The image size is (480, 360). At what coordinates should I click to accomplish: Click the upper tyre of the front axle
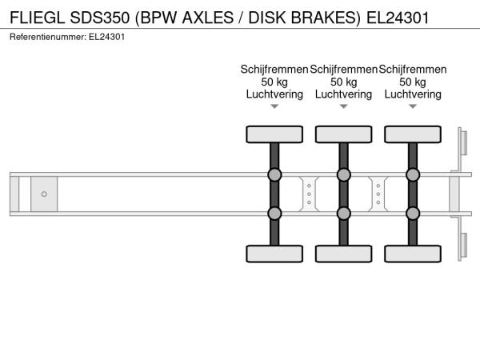point(274,133)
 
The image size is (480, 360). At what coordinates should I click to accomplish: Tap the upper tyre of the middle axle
point(343,133)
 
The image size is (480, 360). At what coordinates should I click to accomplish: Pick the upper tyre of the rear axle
point(413,133)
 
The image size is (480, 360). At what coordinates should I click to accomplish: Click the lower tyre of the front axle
point(274,254)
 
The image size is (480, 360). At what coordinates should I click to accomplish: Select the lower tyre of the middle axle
point(343,254)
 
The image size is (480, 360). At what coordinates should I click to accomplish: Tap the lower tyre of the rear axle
point(413,254)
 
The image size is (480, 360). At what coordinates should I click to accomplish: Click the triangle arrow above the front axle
point(274,106)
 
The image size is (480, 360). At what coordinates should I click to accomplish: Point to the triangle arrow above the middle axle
point(343,106)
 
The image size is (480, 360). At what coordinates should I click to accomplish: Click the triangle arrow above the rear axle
point(413,106)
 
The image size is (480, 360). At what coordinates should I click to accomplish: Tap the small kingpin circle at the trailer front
point(44,194)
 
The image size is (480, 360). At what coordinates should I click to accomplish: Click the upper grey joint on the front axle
point(274,174)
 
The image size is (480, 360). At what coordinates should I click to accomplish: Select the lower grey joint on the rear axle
point(413,213)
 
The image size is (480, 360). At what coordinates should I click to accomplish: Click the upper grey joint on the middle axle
point(343,174)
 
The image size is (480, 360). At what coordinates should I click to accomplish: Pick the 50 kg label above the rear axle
point(413,82)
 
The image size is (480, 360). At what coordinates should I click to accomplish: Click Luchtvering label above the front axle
point(274,94)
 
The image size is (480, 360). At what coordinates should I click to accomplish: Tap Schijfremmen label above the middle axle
point(343,70)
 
